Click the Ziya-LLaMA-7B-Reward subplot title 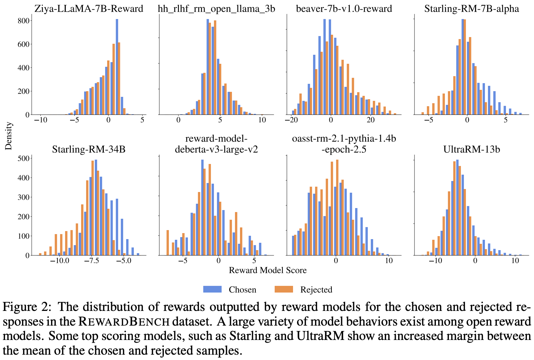[89, 9]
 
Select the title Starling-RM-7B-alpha [472, 9]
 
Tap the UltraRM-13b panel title [472, 149]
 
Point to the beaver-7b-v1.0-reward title [344, 9]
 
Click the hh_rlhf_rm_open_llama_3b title [216, 9]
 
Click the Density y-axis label [9, 136]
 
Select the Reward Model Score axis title [268, 270]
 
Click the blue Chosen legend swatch [212, 289]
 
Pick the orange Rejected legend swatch [284, 289]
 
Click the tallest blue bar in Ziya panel [117, 67]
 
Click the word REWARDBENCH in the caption [124, 322]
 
